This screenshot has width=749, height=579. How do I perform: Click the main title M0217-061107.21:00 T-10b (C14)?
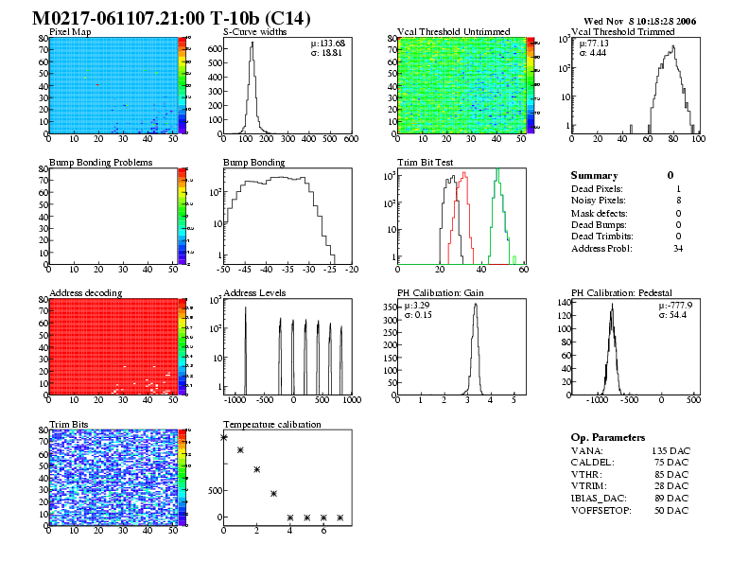coord(170,19)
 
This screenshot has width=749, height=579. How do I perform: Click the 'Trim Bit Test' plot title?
coord(425,163)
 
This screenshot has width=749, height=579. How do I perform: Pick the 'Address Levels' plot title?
coord(254,293)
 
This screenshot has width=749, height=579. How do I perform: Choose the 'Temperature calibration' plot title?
coord(272,424)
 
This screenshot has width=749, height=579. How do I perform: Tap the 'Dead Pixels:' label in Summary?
coord(597,188)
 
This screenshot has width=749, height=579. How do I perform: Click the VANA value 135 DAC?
coord(670,450)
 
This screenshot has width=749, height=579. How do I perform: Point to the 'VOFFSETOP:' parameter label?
coord(602,511)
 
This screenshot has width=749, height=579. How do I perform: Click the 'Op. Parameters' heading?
coord(608,438)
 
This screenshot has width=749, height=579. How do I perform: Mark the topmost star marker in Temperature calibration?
coord(224,437)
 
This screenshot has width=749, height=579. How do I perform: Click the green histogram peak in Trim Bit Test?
coord(496,171)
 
